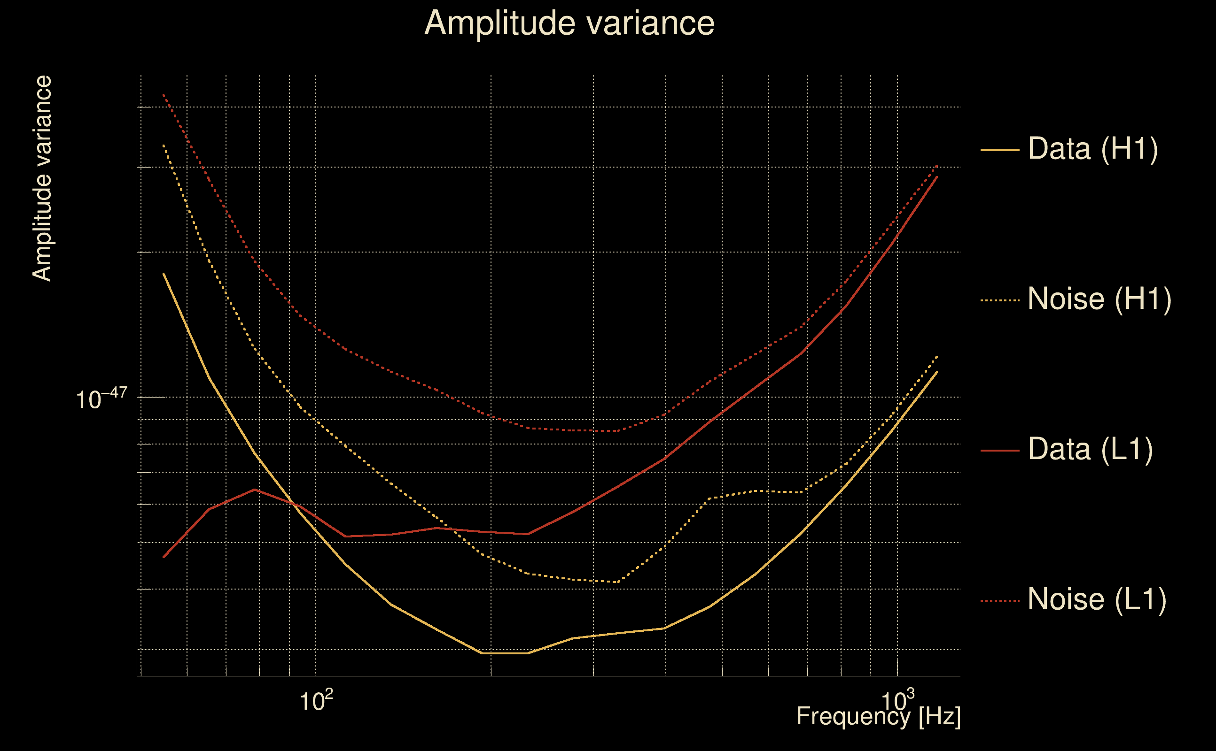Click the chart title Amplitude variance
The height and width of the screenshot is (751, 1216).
coord(569,23)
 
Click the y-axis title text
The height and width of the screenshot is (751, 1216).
coord(42,179)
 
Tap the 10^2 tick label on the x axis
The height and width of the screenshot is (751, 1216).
coord(316,701)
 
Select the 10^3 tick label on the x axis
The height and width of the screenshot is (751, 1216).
coord(897,701)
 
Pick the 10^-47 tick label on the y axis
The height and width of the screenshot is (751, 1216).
coord(101,398)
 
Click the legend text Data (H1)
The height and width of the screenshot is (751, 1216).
coord(1093,148)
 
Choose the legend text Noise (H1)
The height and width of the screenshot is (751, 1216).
coord(1099,299)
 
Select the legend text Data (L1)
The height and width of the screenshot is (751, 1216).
coord(1090,450)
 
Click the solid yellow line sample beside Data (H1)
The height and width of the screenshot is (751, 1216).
coord(1000,150)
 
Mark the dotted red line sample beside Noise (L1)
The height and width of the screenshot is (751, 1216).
coord(1000,601)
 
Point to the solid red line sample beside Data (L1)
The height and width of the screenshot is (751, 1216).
coord(1000,451)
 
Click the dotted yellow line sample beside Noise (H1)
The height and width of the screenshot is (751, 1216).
coord(1000,300)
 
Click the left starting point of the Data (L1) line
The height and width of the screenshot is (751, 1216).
coord(164,557)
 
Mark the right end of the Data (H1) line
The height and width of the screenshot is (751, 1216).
coord(937,372)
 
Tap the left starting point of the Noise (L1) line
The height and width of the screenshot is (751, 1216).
coord(164,94)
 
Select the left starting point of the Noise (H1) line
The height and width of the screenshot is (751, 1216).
coord(164,145)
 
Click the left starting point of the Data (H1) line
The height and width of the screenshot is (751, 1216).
coord(164,274)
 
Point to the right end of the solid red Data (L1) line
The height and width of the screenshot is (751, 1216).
coord(937,177)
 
